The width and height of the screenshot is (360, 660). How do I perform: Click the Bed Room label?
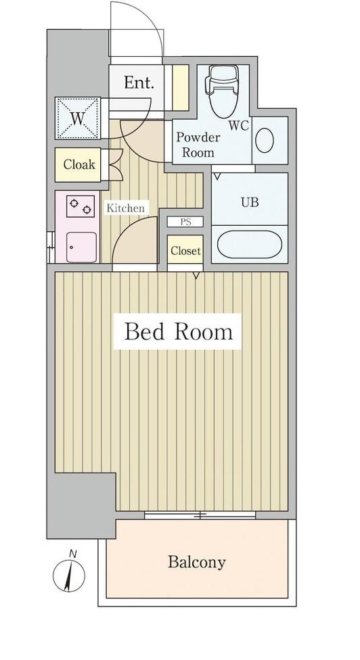tap(178, 331)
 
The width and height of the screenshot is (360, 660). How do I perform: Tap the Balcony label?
tap(196, 562)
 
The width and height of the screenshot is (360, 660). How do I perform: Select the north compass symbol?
tap(69, 575)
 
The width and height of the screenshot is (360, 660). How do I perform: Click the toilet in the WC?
tap(221, 92)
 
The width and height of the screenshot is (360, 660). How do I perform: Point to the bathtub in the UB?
tap(250, 245)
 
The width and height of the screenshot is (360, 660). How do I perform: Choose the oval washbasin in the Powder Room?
tap(265, 141)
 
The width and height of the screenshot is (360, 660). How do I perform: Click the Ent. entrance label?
tap(139, 83)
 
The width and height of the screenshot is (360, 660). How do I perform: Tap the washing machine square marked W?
tap(77, 119)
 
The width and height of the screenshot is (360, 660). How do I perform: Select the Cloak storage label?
tap(80, 164)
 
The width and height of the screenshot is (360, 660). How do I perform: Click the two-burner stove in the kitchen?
tap(79, 206)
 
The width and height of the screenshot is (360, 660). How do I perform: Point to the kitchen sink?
tap(81, 246)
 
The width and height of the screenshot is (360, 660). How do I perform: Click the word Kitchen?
tap(125, 208)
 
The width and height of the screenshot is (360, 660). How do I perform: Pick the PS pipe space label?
tap(185, 222)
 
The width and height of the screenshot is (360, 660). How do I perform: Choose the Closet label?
tap(185, 251)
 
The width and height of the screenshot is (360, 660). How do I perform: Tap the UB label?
tap(250, 202)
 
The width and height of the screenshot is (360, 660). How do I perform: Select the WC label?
tap(238, 125)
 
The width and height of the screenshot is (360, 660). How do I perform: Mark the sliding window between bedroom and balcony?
tap(200, 515)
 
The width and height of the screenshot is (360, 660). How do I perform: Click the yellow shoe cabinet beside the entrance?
tap(180, 87)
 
